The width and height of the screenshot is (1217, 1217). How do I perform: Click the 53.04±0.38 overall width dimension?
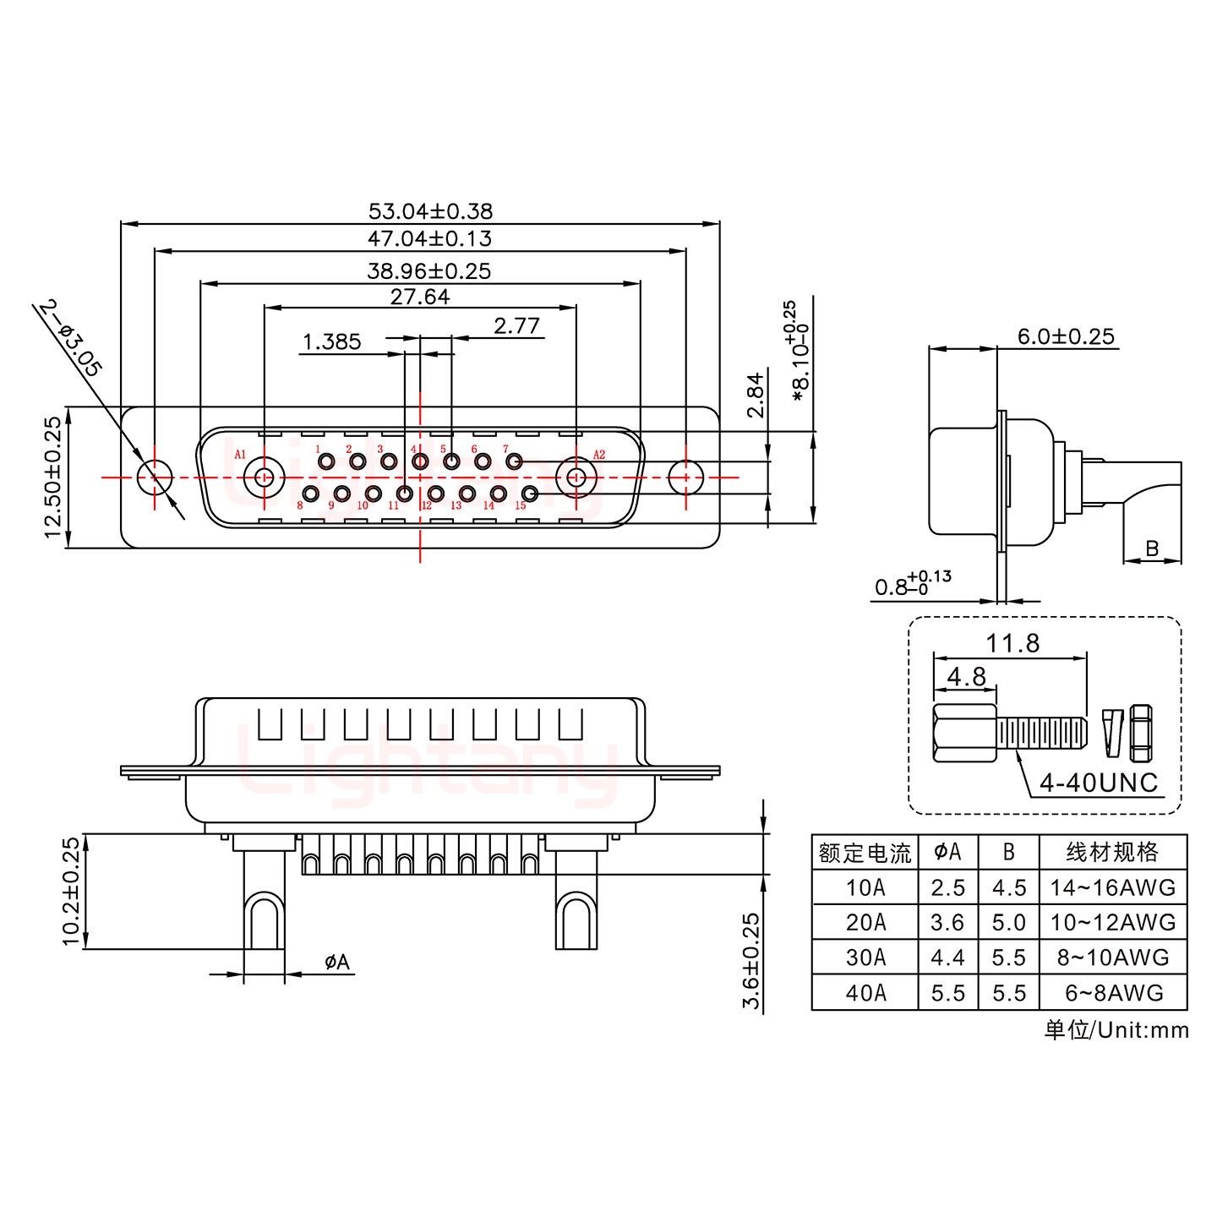click(x=430, y=210)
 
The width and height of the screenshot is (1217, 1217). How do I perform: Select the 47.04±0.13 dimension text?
click(x=429, y=238)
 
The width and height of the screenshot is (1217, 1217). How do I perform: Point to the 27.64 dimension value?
click(x=419, y=297)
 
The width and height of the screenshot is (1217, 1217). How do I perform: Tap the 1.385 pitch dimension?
click(x=331, y=341)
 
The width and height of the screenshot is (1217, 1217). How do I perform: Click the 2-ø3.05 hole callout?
click(x=71, y=338)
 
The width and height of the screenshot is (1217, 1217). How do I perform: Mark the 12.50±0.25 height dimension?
click(x=52, y=478)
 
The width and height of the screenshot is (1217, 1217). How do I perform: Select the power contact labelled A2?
click(x=576, y=478)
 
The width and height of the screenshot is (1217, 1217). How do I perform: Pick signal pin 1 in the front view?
click(x=326, y=461)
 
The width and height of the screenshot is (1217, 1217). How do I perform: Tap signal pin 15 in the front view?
click(x=530, y=494)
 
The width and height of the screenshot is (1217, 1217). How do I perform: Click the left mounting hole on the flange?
click(x=155, y=477)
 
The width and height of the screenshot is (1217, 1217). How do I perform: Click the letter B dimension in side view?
click(x=1152, y=548)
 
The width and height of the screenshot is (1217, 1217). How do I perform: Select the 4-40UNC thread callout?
click(x=1098, y=783)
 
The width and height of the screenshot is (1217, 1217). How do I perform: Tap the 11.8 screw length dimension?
click(x=1012, y=644)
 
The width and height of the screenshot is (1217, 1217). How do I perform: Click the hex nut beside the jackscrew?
click(x=1141, y=730)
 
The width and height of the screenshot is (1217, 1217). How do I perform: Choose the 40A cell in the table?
click(x=865, y=992)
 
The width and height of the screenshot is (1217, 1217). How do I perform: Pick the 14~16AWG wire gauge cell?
click(x=1112, y=887)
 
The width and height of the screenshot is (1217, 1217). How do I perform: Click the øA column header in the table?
click(x=947, y=852)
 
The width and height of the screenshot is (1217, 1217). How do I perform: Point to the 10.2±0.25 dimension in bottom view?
click(x=72, y=891)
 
